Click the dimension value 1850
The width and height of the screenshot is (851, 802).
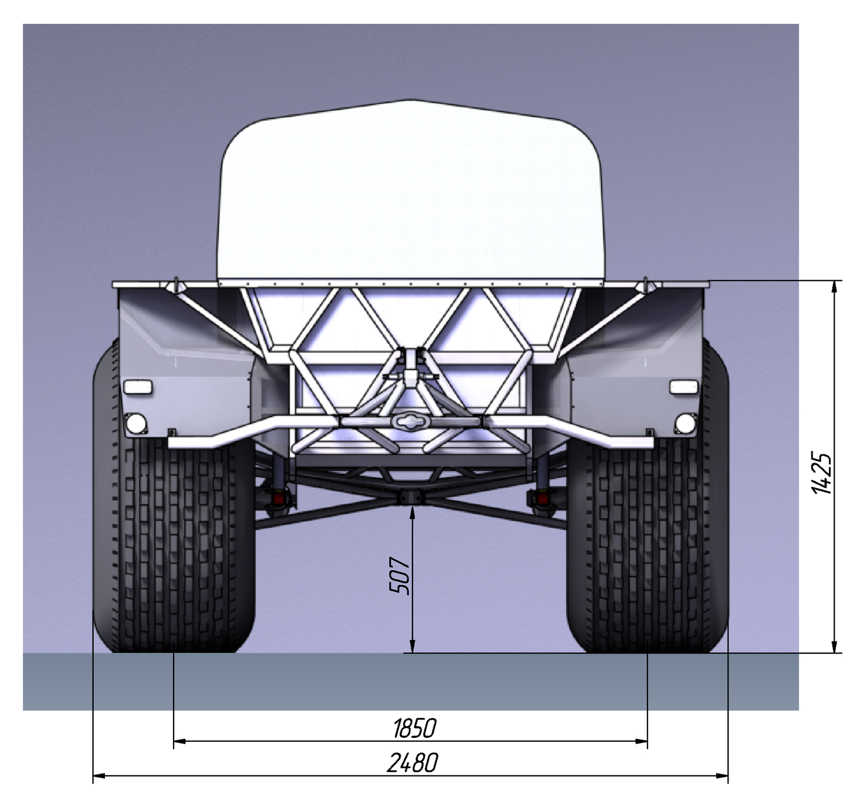coord(414,728)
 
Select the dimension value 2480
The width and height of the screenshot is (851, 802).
coord(412,763)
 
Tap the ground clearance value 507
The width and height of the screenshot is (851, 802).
coord(400,576)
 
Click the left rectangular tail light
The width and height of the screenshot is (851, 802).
coord(138,387)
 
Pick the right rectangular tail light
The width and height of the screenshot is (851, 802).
coord(684,387)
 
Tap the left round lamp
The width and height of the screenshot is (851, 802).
coord(136,423)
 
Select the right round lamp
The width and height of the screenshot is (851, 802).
coord(685,423)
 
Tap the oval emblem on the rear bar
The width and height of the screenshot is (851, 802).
coord(411,421)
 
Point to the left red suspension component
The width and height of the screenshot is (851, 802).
coord(279,498)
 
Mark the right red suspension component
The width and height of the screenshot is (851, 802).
coord(542,498)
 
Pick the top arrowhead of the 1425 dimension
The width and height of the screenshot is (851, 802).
coord(835,288)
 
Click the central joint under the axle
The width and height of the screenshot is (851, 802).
coord(411,497)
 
